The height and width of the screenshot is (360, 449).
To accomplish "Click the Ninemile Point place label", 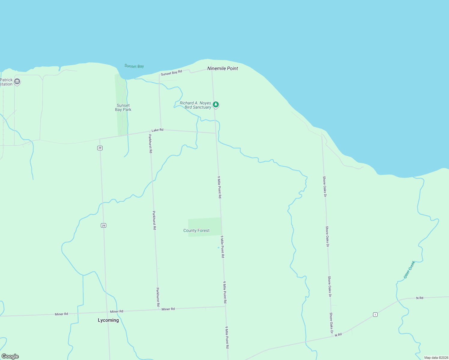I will point(222,68).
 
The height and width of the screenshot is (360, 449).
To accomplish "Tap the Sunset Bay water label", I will point(134,66).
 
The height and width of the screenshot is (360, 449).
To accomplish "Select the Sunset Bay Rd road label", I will point(171,73).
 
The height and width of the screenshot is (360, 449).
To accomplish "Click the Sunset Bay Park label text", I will point(123,107).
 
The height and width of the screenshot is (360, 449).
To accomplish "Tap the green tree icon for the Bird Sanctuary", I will point(215,104).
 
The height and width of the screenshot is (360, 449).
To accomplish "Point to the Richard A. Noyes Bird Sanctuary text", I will point(195,105).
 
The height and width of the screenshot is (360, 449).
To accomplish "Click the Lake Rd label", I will point(157,130).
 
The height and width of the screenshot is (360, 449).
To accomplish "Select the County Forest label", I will point(196,230).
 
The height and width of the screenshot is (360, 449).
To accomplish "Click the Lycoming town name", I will point(108,320).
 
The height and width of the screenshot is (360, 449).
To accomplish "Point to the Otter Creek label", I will point(409,269).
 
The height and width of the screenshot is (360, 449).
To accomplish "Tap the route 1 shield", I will point(375,314).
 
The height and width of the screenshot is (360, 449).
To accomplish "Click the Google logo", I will point(10,356).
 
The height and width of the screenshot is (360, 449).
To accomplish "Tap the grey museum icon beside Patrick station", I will point(17,81).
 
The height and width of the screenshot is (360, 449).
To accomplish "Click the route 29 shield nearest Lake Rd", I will point(100,148).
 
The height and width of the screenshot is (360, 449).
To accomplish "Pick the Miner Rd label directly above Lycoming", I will point(116,311).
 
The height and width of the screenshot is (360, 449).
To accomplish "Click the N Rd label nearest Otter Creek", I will point(420,298).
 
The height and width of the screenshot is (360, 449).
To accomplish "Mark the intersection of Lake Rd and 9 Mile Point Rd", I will point(216,133).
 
